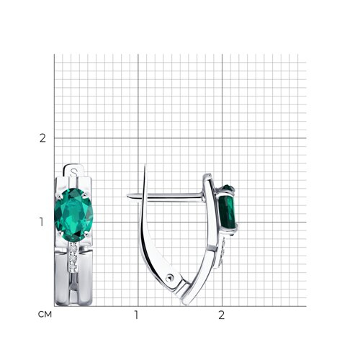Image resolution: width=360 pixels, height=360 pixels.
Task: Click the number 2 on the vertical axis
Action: [x=42, y=138]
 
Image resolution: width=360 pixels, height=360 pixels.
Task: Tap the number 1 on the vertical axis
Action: [x=42, y=222]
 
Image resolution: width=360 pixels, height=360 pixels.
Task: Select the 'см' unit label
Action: [x=45, y=314]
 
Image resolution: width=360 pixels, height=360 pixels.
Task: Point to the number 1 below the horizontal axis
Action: [x=136, y=315]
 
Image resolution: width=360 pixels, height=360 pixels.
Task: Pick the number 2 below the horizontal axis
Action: [x=221, y=315]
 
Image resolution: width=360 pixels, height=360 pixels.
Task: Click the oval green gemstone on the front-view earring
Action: [x=73, y=215]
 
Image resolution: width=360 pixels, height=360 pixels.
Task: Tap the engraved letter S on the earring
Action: [x=73, y=172]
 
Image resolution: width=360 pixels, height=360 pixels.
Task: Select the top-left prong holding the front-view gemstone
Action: [x=58, y=197]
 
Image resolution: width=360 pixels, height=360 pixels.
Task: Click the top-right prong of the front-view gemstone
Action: [x=84, y=196]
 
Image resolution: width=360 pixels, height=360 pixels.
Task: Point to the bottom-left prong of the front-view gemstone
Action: [x=60, y=233]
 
